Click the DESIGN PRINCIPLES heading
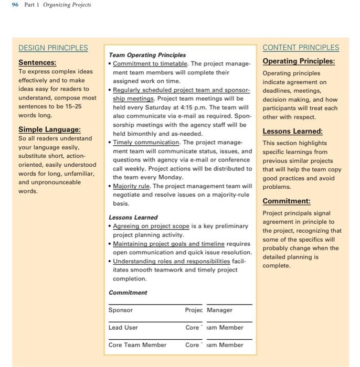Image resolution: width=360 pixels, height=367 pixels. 53,48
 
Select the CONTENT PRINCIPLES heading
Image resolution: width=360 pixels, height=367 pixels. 301,48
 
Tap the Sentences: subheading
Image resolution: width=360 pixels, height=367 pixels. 37,62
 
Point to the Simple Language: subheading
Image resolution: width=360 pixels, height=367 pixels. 49,129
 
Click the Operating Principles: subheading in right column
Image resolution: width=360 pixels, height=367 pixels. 298,61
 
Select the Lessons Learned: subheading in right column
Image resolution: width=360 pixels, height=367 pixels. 292,131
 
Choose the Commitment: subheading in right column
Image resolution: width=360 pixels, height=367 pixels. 286,201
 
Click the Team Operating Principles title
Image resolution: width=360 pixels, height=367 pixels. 147,55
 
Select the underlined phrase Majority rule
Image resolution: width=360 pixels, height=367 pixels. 131,186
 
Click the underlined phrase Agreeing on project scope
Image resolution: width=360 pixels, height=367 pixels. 151,226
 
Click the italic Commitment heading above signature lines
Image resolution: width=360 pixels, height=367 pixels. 128,293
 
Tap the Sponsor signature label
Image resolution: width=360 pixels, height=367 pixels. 120,310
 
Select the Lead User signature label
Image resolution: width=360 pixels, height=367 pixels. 123,328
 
